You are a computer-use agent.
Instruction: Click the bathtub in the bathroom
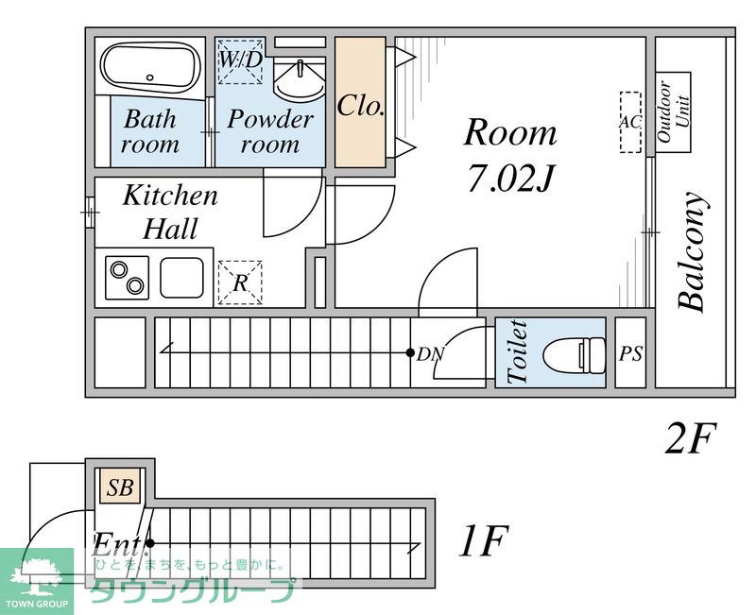pos(150,69)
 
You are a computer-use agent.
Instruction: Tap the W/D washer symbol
pos(241,60)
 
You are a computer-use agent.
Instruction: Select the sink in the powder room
pos(299,78)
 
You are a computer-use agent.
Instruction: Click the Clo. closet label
pos(361,106)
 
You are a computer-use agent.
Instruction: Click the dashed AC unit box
pos(630,123)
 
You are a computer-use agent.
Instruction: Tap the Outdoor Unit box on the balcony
pos(673,111)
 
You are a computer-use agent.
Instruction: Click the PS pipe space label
pos(630,354)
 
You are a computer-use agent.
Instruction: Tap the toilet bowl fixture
pos(574,354)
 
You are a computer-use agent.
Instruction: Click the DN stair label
pos(431,354)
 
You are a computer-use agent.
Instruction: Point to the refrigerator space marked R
pos(240,282)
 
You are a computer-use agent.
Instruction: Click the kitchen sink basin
pos(181,278)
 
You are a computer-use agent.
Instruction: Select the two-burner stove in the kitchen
pos(128,278)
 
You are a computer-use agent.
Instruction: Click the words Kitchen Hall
pos(170,212)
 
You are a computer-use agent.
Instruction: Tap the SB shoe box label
pos(120,487)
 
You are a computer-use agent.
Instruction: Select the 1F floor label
pos(483,540)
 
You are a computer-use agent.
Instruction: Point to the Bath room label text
pos(150,131)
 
